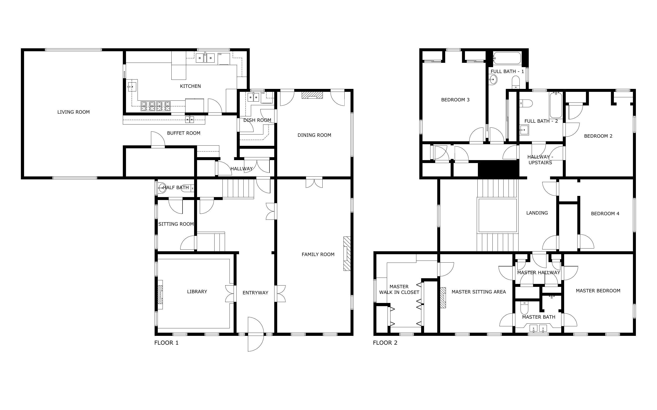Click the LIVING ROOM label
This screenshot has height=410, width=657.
(73, 112)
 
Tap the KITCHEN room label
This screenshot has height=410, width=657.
(190, 86)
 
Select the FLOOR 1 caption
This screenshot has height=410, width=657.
(166, 343)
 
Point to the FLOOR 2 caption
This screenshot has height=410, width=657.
(385, 343)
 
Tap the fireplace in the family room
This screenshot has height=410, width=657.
(347, 254)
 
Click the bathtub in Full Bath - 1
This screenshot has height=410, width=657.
(507, 58)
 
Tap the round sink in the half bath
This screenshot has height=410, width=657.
(162, 187)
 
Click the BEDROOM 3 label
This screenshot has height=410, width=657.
(455, 100)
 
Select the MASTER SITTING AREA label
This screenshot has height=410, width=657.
(478, 292)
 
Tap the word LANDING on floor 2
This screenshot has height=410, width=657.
(537, 213)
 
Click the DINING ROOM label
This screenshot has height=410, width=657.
(314, 135)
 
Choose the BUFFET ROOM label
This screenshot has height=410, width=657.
(183, 133)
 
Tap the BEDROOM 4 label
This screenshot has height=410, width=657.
(605, 214)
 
